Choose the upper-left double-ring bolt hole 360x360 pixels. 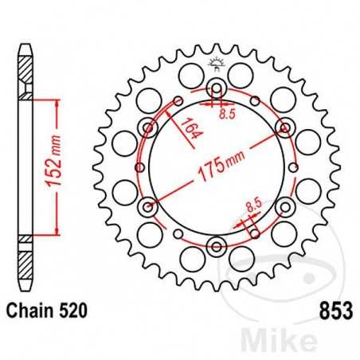pos(147,127)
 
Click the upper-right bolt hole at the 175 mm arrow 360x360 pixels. pos(284,127)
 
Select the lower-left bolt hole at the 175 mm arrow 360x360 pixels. pos(147,206)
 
